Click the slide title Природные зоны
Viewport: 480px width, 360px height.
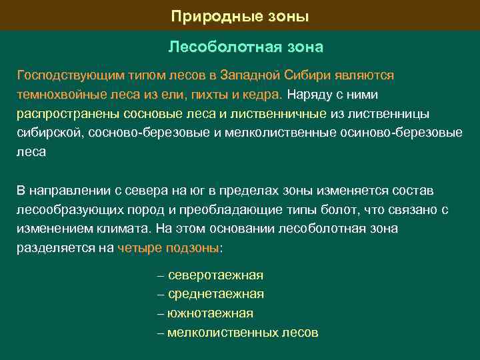tap(240, 16)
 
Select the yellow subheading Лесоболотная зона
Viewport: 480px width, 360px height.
tap(245, 48)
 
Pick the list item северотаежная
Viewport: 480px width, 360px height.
tap(216, 275)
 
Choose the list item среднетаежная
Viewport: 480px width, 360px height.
tap(216, 294)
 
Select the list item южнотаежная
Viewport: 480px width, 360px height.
tap(211, 313)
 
